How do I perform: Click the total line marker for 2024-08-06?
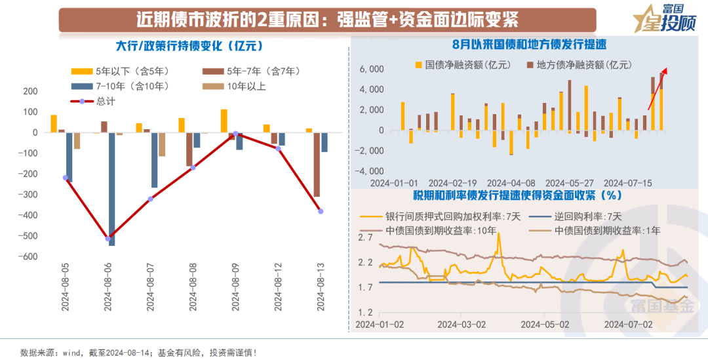(x=108, y=238)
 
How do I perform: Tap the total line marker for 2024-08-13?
(x=321, y=211)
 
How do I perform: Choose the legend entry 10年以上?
(x=236, y=86)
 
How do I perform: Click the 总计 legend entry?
(x=98, y=101)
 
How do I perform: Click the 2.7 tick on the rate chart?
(x=365, y=237)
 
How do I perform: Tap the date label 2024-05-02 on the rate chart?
(x=542, y=323)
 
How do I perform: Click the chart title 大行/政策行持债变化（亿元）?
(x=189, y=46)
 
